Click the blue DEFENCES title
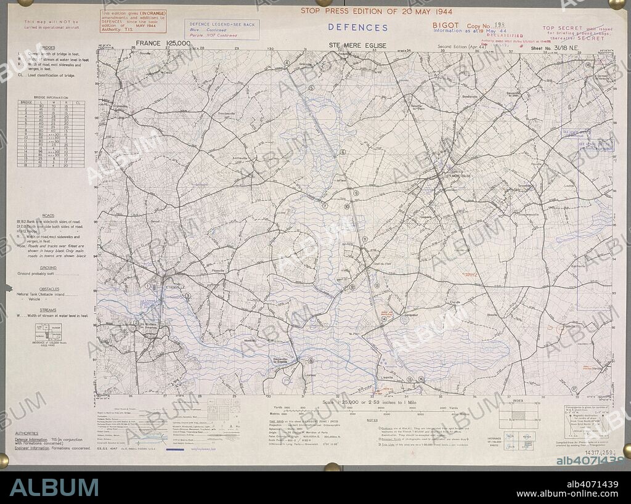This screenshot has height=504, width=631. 357,27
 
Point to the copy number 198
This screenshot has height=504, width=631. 499,25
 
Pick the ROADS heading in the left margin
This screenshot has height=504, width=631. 49,216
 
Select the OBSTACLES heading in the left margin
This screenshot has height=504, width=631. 49,289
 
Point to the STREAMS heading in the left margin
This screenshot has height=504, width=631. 49,309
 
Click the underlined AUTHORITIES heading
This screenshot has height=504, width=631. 26,433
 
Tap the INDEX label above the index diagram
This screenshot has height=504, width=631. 518,400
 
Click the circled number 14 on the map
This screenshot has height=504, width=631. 383,319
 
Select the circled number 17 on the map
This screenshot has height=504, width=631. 574,389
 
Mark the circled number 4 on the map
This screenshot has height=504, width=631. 287,63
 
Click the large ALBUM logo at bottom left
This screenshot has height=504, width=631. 54,487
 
